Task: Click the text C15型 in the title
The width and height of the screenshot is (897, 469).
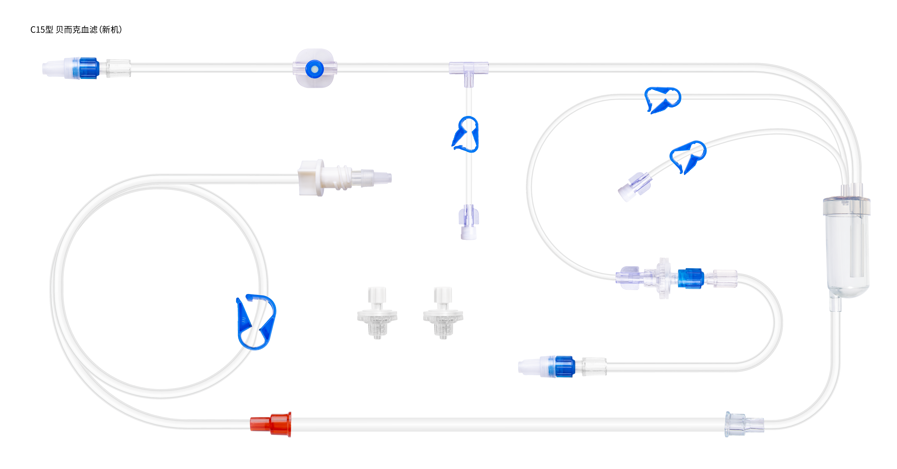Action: click(42, 30)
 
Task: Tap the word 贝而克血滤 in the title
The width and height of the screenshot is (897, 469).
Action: click(77, 30)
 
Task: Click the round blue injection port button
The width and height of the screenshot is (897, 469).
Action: click(314, 69)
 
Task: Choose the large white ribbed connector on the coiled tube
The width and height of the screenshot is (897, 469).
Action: click(345, 178)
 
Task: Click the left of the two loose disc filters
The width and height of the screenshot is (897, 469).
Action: click(377, 313)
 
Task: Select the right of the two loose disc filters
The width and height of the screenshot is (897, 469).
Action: click(443, 313)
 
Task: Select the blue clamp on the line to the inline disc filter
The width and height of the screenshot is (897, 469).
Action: click(663, 100)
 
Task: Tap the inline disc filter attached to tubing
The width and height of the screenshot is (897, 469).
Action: click(663, 278)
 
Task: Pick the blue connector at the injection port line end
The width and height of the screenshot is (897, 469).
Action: click(89, 68)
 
